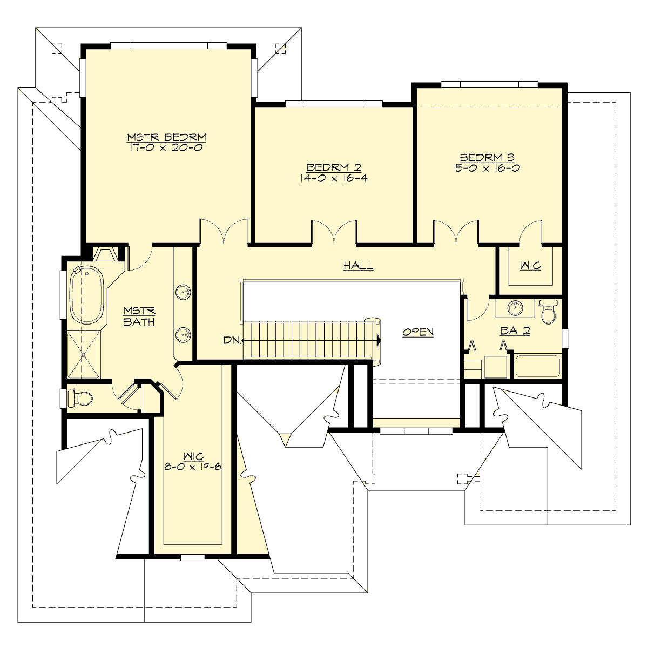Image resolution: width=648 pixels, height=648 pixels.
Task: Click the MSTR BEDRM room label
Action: pos(166,137)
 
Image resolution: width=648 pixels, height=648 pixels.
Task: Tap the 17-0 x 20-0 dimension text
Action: pos(166,146)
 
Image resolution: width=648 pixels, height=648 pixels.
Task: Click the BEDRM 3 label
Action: pos(487,157)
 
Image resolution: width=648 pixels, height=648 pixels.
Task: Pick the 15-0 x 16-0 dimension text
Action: pos(487,167)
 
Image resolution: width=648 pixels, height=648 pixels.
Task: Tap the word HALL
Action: pos(359,265)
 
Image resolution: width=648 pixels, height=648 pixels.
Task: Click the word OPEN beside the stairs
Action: pos(418,332)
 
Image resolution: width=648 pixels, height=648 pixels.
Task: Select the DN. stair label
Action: pos(231,340)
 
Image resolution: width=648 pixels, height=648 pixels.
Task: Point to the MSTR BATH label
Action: pos(139,316)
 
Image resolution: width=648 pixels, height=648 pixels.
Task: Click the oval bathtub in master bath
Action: pos(86,295)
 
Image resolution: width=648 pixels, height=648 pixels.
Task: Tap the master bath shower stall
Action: pos(84,354)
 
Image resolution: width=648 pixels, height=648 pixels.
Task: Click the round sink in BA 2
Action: pos(515,308)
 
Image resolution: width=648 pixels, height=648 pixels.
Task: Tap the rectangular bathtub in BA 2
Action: pos(538,366)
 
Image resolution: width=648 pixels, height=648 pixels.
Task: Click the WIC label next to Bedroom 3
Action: pos(530,266)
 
